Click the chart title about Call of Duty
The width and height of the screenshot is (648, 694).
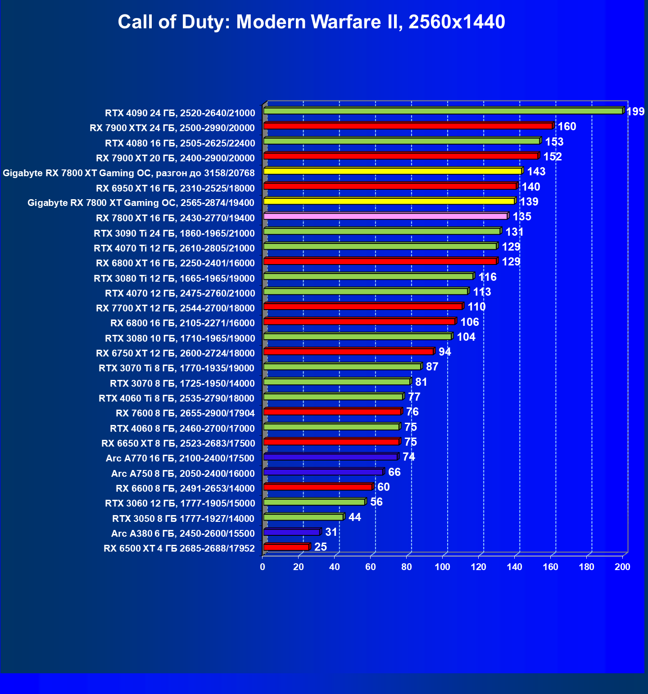311,22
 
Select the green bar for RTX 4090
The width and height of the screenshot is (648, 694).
443,111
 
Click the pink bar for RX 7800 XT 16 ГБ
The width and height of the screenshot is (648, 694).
385,216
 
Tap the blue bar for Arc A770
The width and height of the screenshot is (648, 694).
331,457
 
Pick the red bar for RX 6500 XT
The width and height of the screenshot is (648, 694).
286,547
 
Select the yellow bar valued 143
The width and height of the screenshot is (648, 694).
393,171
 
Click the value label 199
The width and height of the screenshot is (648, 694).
635,111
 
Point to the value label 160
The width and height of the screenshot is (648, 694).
567,127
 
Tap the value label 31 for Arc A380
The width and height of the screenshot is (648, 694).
331,532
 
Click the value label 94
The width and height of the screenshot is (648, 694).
445,352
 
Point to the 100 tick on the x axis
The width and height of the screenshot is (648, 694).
443,567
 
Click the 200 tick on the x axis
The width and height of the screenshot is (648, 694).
623,567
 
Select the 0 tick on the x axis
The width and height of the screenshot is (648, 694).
263,567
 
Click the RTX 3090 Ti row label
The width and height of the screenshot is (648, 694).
174,233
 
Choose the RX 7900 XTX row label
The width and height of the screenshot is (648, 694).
172,128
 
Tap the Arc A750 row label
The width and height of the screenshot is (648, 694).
183,473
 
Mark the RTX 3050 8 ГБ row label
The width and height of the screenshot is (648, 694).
183,518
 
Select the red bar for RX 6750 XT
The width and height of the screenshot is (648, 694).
349,352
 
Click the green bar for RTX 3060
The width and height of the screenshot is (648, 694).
314,502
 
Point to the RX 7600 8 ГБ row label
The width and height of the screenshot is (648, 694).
185,413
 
